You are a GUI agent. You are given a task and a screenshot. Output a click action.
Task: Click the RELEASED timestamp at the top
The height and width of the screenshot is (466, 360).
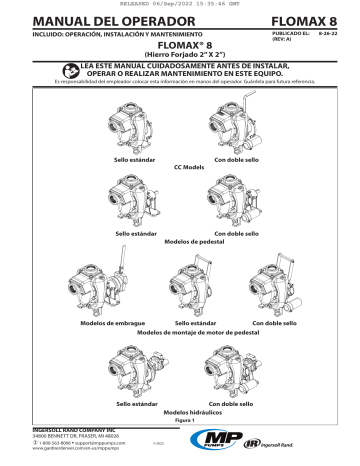coord(180,4)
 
